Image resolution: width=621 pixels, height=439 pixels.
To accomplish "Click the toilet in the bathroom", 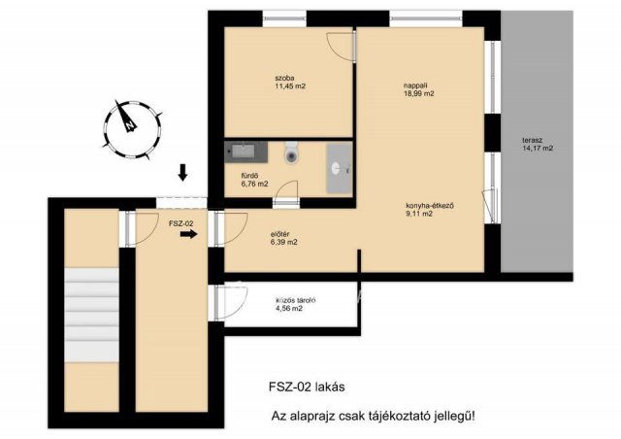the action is [291, 152].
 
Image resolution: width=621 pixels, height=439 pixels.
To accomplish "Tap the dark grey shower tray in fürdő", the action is [245, 152].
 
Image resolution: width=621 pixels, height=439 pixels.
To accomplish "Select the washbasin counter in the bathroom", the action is [339, 169].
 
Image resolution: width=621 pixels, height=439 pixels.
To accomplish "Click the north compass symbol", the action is [132, 129].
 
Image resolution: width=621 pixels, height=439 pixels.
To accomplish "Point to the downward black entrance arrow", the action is [182, 173].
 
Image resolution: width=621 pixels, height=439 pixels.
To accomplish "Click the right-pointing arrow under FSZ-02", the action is [189, 234].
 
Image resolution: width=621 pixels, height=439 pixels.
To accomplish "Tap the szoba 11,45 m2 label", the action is [290, 83].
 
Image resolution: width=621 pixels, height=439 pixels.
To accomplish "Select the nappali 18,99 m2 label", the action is [418, 89].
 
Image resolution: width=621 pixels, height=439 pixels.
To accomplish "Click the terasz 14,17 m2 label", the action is [538, 145].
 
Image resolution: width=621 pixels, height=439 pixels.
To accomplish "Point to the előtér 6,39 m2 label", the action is [284, 238].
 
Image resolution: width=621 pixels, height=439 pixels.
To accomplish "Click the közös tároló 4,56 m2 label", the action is [296, 304].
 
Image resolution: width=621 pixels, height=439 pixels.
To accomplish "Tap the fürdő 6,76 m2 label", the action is [254, 180].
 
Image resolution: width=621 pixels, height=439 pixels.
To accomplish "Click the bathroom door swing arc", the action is [286, 189].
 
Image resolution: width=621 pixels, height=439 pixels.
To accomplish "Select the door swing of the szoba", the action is [340, 47].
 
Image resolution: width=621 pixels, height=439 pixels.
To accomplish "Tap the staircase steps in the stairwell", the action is [92, 315].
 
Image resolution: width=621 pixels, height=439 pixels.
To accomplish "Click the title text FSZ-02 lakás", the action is [307, 387].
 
